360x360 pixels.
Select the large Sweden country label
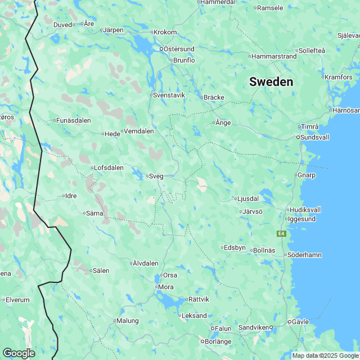(271, 82)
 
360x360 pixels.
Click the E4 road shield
(281, 233)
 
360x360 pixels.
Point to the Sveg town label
(156, 176)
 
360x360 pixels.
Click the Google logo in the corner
(19, 353)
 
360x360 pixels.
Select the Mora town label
(166, 287)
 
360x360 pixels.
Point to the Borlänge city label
(218, 341)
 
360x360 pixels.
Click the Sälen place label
(101, 271)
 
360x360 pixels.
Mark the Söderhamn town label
(304, 255)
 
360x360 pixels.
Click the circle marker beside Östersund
(161, 49)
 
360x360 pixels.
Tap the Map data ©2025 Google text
(325, 355)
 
